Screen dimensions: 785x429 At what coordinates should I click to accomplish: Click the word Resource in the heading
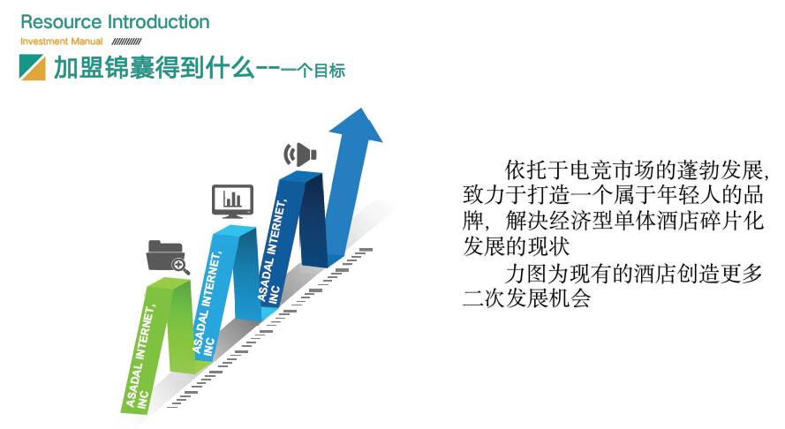coord(61,22)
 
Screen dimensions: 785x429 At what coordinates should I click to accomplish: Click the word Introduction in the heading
coord(159,22)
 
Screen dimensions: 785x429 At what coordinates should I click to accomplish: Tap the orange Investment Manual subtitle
coord(62,41)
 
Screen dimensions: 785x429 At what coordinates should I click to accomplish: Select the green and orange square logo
coord(32,68)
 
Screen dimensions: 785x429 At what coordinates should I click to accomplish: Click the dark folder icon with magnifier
coord(168,257)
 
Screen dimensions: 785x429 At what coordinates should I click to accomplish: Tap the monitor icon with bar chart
coord(232,201)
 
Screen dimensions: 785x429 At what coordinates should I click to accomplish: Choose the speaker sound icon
coord(300,154)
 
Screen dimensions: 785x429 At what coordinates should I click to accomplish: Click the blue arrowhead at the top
coord(356,125)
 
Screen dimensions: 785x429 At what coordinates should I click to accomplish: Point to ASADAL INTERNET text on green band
coord(140,357)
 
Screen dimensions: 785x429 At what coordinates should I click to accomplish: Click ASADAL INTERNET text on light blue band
coord(207,305)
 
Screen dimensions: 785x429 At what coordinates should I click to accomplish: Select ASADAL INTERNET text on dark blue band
coord(272,252)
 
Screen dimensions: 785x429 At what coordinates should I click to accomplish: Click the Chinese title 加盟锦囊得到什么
coord(155,68)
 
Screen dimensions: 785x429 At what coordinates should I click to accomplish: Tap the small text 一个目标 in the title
coord(313,71)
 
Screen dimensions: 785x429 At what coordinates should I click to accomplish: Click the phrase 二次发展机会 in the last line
coord(526,298)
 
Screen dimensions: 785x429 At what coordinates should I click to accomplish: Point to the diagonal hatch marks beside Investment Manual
coord(126,41)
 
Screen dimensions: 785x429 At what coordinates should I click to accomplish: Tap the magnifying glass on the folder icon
coord(181,266)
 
